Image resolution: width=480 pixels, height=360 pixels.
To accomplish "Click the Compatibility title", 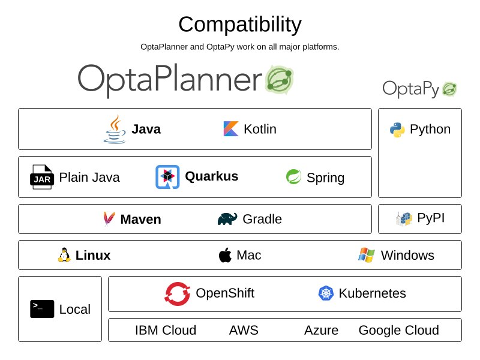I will coord(240,25).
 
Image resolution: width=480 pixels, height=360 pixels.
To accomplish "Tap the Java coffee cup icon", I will coord(115,129).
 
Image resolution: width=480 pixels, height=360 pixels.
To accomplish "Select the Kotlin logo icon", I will coord(231,129).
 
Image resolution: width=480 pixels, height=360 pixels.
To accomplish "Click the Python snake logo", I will coord(397,130).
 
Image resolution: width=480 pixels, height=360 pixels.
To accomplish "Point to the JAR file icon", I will coord(42,177).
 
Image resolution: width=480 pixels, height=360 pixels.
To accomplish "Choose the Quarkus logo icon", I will coord(167,177).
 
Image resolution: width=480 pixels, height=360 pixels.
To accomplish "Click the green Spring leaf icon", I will coord(293,177).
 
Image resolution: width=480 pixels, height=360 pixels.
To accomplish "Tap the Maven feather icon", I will coord(109,219).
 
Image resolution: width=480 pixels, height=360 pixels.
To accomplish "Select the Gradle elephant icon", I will coord(227,219).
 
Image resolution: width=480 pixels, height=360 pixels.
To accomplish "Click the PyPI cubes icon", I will coord(404,219).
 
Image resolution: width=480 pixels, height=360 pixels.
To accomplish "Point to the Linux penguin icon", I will coord(64,255).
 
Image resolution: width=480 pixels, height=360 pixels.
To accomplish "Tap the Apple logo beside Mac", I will coord(225,255).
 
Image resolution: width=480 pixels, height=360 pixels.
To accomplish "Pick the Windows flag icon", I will coord(367,255).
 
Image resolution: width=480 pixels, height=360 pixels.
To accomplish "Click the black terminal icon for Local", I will coord(42,309).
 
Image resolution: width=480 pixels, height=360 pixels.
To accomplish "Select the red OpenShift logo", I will coord(178,294).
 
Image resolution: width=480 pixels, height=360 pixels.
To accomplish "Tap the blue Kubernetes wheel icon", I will coord(326,293).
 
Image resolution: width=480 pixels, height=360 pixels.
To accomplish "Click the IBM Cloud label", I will coord(166,330).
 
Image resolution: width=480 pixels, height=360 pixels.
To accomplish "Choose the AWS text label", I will coord(244,330).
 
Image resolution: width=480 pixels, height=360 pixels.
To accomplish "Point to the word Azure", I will coord(321,330).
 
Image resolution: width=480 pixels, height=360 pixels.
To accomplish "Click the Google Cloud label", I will coord(398,330).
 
